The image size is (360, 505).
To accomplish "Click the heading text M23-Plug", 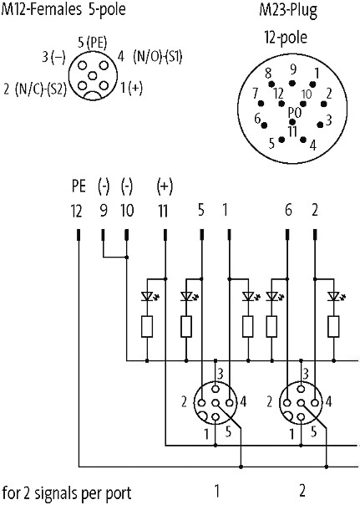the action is point(288,10).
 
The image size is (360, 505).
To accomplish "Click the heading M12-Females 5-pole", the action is point(63,10).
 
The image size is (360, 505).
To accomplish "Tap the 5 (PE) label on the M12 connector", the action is point(93,42).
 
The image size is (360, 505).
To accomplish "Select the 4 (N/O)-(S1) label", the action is point(150,57).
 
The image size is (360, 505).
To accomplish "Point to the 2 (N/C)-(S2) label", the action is point(35,89).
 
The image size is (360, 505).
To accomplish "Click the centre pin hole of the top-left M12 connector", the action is point(93,76).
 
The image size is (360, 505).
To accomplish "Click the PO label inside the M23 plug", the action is point(294,113).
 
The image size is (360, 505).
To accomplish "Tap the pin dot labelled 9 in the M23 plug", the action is point(292,83).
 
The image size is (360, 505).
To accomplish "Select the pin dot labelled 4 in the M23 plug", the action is point(303,139).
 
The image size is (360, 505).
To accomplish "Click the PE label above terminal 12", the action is point(79,186).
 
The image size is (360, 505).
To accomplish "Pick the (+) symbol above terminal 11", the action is point(165,186).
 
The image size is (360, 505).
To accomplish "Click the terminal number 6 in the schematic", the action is point(288,211).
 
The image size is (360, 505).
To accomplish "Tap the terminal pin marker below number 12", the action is point(79,235).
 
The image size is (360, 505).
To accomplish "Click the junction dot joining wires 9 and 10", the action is point(127,257).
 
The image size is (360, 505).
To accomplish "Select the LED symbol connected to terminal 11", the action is point(147,296).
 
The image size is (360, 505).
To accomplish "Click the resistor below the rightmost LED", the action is point(333,327).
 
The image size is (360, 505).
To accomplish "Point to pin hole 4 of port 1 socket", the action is point(230,403).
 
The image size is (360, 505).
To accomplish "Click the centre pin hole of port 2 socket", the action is point(301,403).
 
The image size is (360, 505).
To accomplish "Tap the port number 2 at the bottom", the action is point(302,491).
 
